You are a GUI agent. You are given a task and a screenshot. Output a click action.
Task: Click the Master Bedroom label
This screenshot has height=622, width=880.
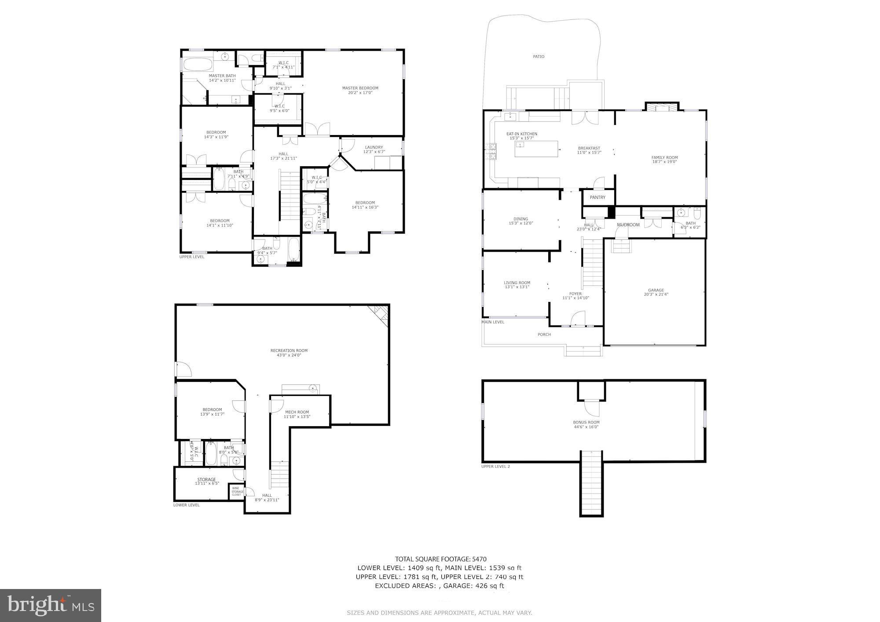pos(360,88)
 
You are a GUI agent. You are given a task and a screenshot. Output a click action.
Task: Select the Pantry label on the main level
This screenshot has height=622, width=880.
pos(598,198)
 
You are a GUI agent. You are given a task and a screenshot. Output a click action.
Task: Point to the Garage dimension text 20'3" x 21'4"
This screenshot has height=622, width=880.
pos(656,295)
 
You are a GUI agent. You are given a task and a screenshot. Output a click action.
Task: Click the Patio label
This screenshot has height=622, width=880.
pos(539,56)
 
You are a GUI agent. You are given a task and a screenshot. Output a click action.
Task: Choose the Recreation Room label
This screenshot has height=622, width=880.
pos(289,351)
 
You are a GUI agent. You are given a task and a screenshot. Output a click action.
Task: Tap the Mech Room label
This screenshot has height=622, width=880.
pos(297,412)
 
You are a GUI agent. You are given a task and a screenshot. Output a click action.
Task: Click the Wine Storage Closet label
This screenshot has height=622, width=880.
pos(237,491)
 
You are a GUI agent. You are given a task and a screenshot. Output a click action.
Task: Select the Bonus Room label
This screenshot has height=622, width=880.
pos(586,422)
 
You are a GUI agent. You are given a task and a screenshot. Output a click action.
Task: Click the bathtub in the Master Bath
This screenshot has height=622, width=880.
pos(198,65)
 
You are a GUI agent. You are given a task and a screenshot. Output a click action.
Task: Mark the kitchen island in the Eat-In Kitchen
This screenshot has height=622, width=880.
pos(536,149)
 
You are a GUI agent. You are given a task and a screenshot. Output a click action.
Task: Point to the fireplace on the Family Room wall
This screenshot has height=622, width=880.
pos(662,107)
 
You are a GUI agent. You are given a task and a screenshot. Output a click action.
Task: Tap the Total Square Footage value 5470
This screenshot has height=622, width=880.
pos(479,559)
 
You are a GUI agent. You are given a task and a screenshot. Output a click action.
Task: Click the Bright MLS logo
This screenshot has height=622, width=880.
pos(51,605)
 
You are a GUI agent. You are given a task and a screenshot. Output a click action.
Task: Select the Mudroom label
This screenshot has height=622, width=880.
pos(628,225)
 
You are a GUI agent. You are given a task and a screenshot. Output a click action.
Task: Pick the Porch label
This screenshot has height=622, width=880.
pos(544,334)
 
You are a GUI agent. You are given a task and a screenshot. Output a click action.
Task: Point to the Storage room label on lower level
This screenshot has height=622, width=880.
pos(206,479)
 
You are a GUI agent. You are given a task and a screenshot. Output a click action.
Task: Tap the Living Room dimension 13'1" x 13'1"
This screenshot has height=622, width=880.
pos(517,287)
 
